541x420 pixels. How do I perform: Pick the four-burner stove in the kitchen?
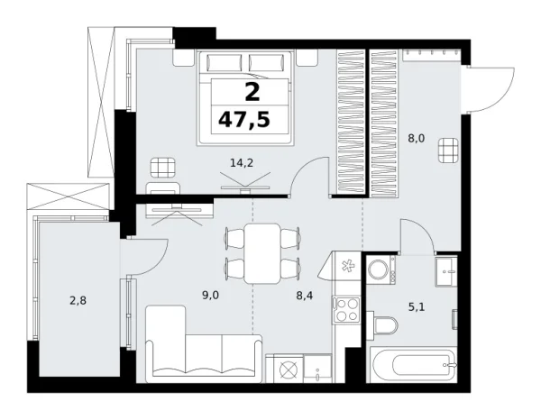347,311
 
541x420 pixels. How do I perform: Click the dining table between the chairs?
263,251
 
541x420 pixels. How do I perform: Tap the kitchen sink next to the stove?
346,266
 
